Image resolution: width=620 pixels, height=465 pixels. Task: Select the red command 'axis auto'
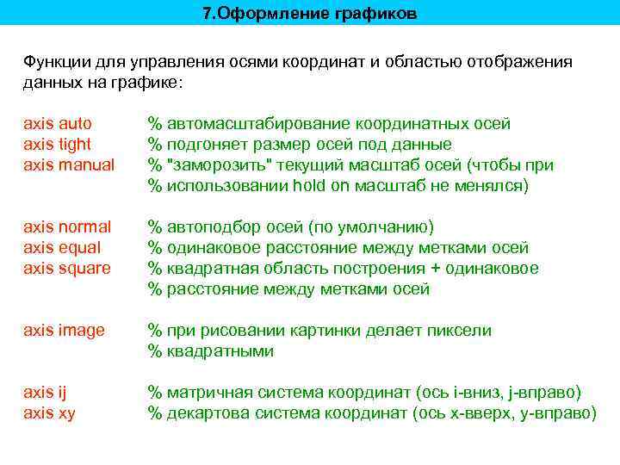tap(58, 123)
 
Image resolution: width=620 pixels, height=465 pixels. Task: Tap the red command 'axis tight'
tap(58, 144)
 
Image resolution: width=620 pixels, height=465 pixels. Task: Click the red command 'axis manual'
tap(69, 164)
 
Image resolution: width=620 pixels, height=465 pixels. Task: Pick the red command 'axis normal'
tap(67, 226)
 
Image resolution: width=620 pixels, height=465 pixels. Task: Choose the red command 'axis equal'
tap(63, 247)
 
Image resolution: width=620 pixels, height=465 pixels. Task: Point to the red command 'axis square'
tap(67, 268)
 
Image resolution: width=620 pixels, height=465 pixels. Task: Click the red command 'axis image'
tap(64, 330)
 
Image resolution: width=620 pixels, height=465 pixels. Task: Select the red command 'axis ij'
tap(45, 392)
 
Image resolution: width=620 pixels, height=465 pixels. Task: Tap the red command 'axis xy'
tap(49, 412)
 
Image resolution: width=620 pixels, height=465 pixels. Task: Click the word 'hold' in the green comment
tap(308, 185)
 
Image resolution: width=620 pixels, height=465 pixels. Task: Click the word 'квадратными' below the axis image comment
tap(220, 350)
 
